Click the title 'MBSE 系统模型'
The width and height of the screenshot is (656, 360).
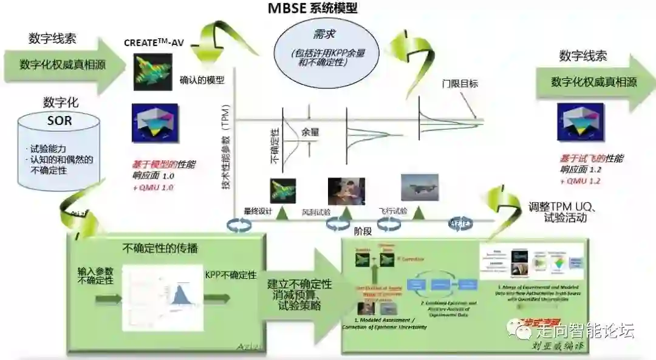click(313, 9)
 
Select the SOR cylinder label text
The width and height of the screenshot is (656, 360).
click(60, 120)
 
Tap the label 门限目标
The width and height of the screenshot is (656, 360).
click(459, 83)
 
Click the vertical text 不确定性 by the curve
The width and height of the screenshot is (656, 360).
click(274, 146)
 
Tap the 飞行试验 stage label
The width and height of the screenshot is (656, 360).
click(393, 211)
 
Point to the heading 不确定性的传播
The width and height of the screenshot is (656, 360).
click(160, 248)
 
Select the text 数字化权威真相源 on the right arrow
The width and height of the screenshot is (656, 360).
click(594, 83)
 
